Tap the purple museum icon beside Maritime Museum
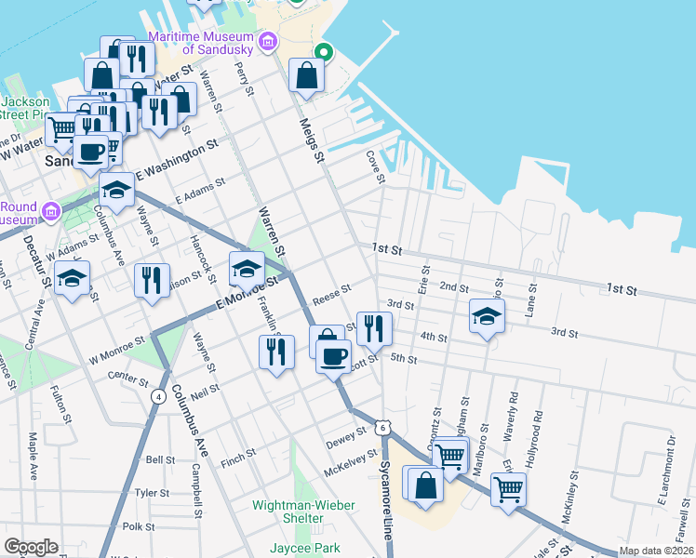(x=268, y=42)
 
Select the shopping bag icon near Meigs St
(x=306, y=76)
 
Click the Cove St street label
(x=376, y=167)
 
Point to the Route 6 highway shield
(x=382, y=427)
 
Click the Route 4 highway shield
(x=159, y=396)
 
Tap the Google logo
(x=31, y=547)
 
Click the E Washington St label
(x=177, y=159)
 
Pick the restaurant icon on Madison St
(x=152, y=280)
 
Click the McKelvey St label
(x=349, y=458)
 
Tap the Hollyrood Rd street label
(x=539, y=423)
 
